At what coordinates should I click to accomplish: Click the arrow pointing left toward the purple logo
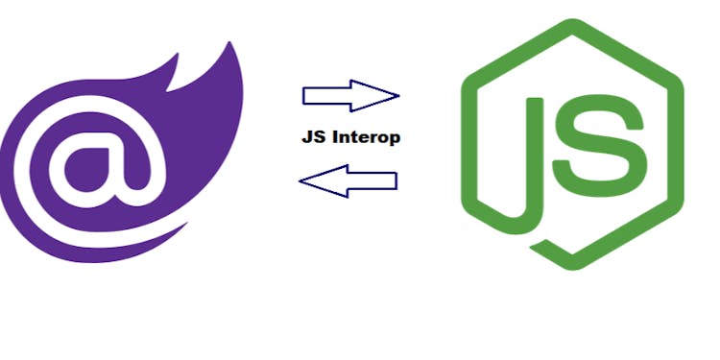[348, 180]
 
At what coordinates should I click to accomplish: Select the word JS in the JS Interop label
[311, 137]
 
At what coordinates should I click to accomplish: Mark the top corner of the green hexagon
[572, 21]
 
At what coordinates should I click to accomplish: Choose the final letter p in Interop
[394, 139]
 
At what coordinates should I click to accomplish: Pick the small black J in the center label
[305, 137]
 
